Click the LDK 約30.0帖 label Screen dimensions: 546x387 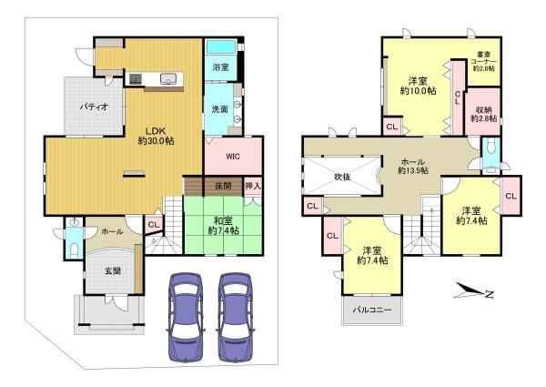[156, 136]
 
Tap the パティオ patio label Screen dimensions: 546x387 [94, 107]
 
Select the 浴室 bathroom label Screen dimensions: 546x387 [220, 67]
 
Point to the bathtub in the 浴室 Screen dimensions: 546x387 [221, 46]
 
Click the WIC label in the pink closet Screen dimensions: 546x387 [233, 157]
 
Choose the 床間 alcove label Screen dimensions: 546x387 [223, 186]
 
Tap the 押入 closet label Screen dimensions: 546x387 [253, 186]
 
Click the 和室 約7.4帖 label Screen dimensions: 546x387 [223, 226]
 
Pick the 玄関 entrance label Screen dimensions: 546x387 [113, 270]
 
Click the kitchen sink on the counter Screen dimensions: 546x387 [168, 79]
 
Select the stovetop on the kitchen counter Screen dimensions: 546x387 [136, 79]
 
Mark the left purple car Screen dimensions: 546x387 [186, 317]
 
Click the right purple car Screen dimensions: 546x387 [236, 317]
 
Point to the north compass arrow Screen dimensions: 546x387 [470, 290]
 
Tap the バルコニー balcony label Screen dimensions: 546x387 [372, 310]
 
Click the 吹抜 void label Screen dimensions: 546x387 [342, 177]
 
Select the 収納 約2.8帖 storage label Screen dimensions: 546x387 [484, 114]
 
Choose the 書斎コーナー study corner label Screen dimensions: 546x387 [484, 61]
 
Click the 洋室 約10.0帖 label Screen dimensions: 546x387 [418, 86]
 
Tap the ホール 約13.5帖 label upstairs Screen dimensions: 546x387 [413, 166]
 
